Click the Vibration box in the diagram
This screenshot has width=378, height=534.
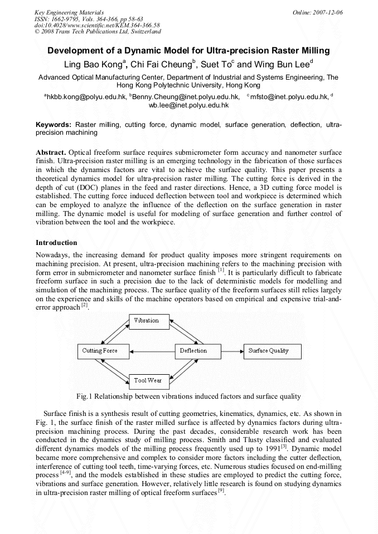tap(147, 321)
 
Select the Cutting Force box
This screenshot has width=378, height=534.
tap(100, 351)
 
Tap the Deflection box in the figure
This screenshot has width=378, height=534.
tap(193, 351)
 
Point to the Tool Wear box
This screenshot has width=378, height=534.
tap(147, 381)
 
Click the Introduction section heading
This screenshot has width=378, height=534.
tap(56, 243)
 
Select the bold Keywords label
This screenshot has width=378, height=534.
tap(54, 125)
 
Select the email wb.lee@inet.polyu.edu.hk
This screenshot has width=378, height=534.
tap(188, 105)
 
